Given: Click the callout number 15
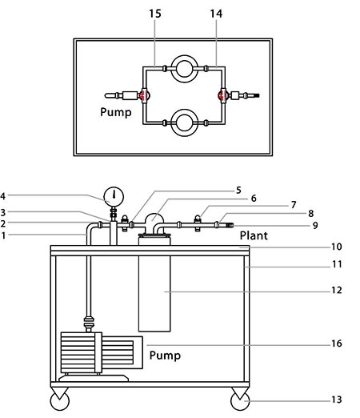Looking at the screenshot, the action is (155, 14).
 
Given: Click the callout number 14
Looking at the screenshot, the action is (216, 14).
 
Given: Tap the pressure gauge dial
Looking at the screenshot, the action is (114, 196).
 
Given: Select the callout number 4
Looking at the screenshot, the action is (3, 196).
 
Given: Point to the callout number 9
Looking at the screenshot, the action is (315, 225).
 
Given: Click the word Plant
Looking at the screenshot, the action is (254, 235).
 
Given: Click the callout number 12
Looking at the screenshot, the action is (337, 290).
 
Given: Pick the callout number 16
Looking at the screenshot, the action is (337, 343).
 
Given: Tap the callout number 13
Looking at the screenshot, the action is (337, 400).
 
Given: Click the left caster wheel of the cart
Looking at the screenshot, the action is (60, 400).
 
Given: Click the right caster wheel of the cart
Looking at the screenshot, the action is (240, 400).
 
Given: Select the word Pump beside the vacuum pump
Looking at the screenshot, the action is (165, 356).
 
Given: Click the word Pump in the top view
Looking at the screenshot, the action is (116, 112).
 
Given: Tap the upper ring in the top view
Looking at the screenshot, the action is (185, 58).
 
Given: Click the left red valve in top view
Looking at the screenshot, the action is (144, 95).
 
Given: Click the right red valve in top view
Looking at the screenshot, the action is (222, 95).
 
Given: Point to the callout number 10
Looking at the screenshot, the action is (337, 247).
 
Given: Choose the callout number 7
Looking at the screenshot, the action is (294, 205).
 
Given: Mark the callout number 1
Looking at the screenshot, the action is (3, 235).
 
